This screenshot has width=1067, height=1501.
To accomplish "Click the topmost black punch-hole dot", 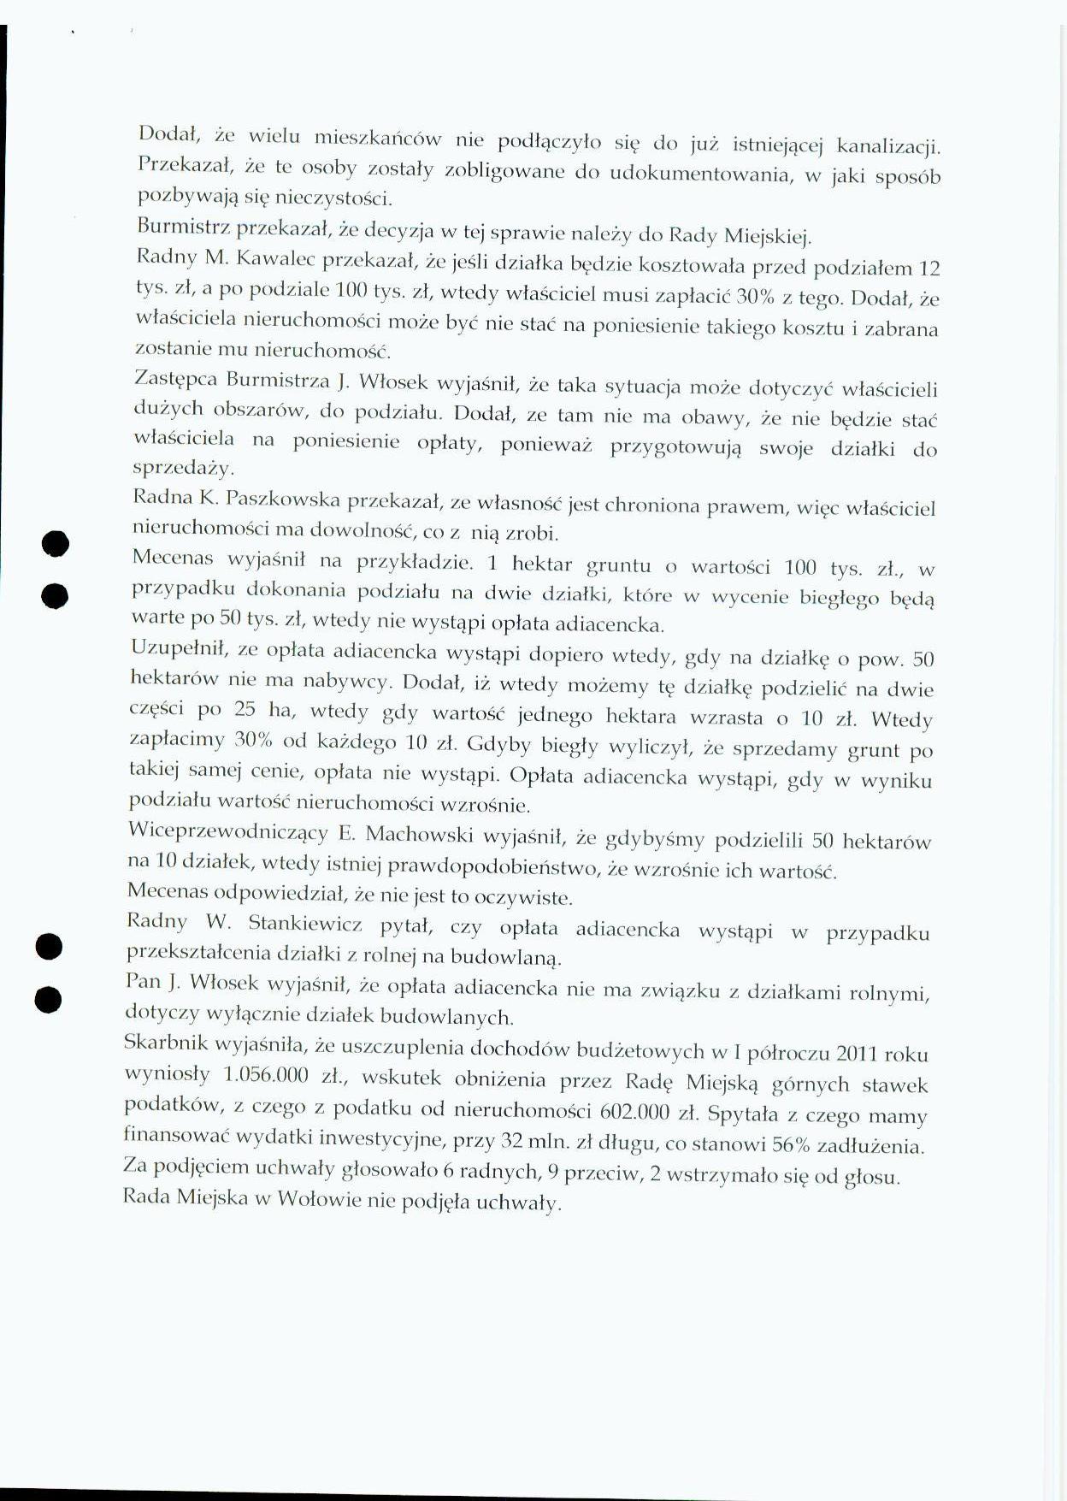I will [54, 544].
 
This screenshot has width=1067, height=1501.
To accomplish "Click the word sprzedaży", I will [183, 469].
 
